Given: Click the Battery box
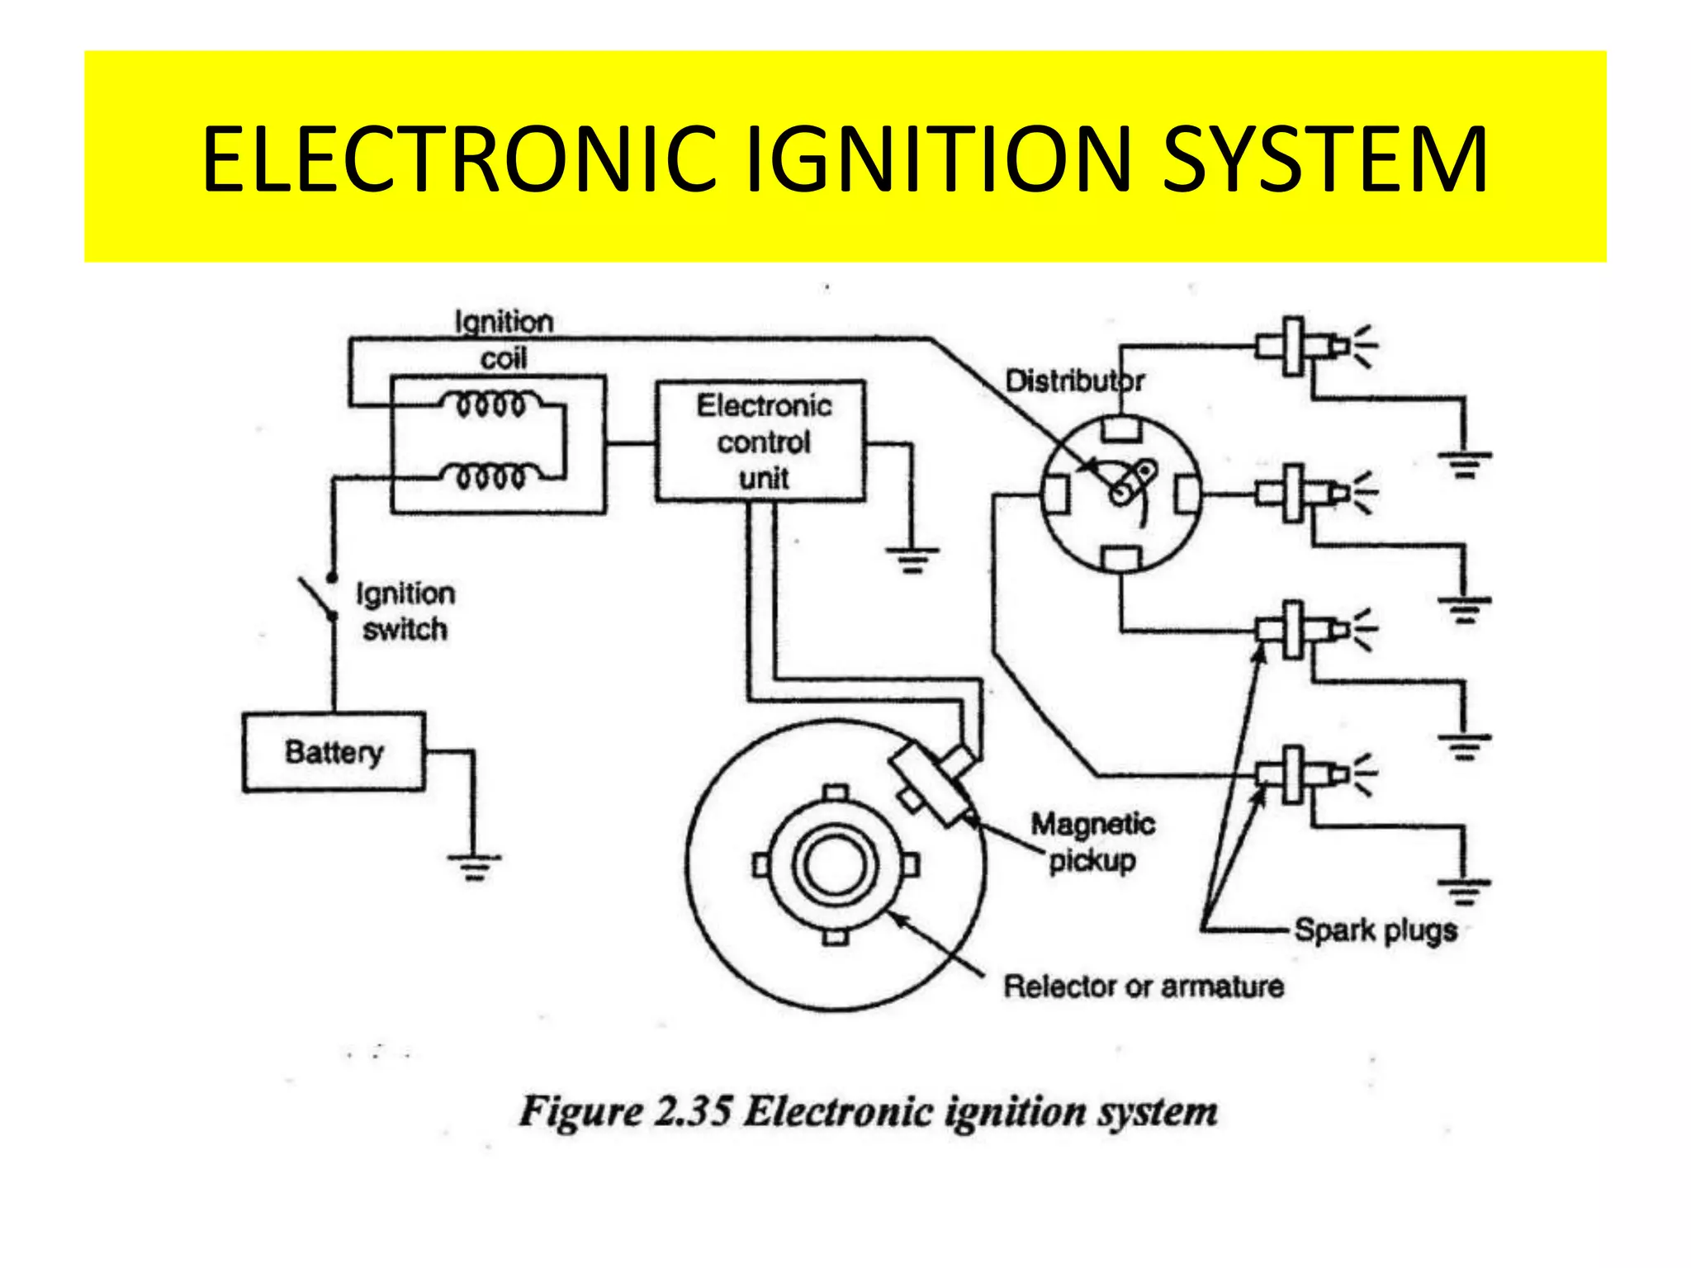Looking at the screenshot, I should point(334,752).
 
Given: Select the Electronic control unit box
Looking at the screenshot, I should point(760,442).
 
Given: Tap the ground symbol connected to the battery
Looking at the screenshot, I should point(474,865).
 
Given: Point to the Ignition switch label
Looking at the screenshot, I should point(405,612).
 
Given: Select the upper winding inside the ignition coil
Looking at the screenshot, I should point(491,405).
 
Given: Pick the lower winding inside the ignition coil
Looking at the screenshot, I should point(491,476).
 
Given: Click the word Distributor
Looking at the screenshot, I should point(1074,381).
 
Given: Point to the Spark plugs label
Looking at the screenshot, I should point(1375,930).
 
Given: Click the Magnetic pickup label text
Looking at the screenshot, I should point(1092,842).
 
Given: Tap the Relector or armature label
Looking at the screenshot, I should point(1143,986).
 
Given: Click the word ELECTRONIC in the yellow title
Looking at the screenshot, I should point(458,159).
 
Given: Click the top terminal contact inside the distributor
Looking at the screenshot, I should point(1120,429).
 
